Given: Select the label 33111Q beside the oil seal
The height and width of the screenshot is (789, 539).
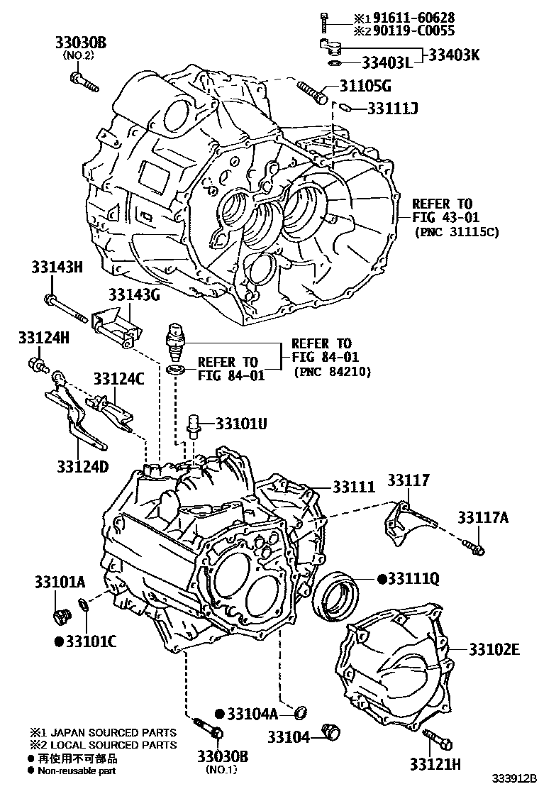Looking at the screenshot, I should click(x=413, y=579).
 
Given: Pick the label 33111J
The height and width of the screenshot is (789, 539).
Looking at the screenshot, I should click(x=392, y=109).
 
